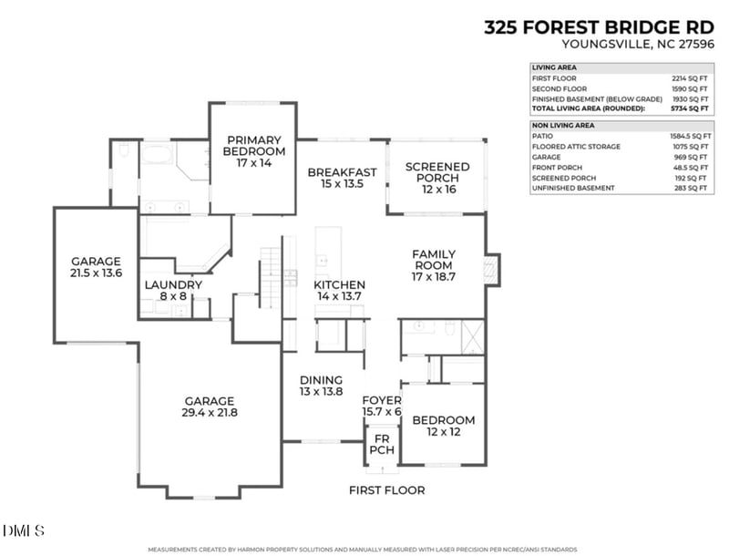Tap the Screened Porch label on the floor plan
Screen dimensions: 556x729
[437, 172]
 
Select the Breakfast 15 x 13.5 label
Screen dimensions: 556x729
[342, 178]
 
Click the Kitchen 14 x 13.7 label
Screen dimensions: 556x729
[340, 291]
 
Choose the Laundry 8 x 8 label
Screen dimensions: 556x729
[173, 291]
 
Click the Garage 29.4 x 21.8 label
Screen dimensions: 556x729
[210, 407]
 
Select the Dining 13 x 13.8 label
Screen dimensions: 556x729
[321, 386]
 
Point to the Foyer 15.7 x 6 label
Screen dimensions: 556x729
[382, 406]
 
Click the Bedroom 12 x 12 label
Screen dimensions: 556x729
[443, 426]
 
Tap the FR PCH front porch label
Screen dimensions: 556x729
[382, 444]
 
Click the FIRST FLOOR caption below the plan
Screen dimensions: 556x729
[386, 490]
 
